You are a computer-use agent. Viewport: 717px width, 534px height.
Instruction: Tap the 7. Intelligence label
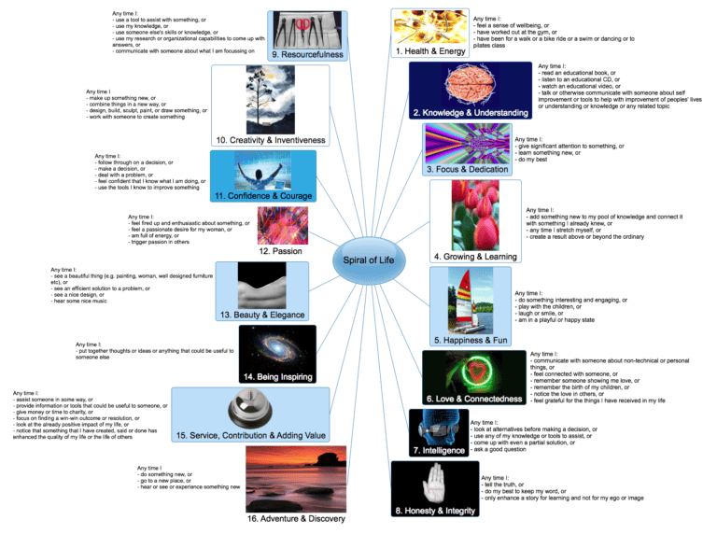[439, 451]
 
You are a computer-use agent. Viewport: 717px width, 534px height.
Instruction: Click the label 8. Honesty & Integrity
[438, 512]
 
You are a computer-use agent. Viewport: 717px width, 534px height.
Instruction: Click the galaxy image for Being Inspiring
[278, 346]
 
